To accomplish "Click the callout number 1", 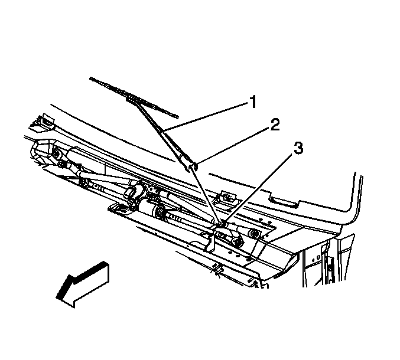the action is click(252, 102).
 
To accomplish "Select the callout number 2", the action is click(275, 125).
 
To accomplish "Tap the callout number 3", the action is click(298, 148).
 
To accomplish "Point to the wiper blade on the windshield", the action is click(134, 97).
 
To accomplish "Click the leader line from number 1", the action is click(206, 116).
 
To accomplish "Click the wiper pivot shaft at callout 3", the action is click(220, 224).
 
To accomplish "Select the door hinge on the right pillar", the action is click(330, 267).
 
